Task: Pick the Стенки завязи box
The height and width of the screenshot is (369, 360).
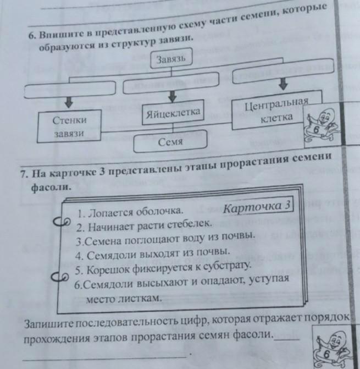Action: pos(70,127)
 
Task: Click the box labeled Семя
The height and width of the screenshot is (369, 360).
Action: pos(170,142)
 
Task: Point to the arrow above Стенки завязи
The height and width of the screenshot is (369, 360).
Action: pos(70,102)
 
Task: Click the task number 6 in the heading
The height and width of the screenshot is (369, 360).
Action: pos(32,34)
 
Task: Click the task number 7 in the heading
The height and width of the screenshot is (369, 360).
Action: pos(23,175)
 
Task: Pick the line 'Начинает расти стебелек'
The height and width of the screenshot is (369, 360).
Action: pos(143,225)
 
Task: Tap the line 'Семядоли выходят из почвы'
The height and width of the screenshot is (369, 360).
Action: pos(152,254)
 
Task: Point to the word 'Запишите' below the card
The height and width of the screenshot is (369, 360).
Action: pos(48,323)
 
